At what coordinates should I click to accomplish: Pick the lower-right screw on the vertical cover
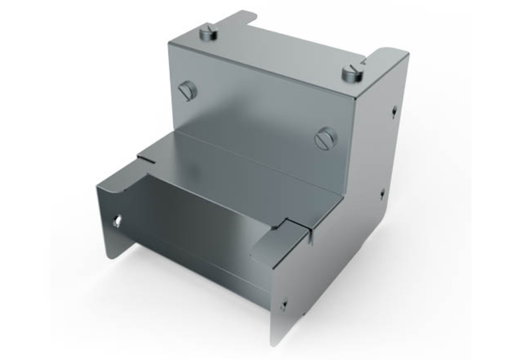(325, 138)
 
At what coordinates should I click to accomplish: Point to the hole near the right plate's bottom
(284, 304)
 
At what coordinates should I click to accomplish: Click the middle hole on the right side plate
(383, 194)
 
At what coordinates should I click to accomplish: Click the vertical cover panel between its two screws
(257, 112)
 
